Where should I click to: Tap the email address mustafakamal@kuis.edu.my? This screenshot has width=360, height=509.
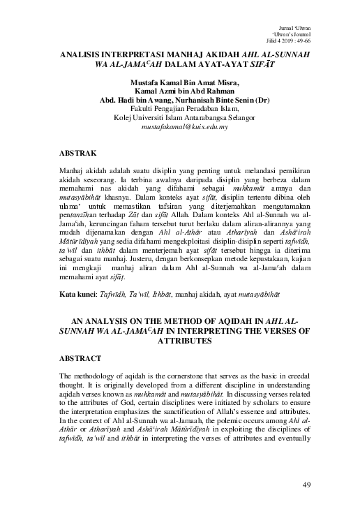(179, 128)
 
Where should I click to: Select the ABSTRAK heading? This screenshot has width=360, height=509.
(77, 152)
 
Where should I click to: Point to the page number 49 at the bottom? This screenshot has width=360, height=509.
(307, 483)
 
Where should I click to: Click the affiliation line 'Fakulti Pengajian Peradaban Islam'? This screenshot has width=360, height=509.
(180, 109)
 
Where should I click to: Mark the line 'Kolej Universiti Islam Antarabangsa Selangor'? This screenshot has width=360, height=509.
(180, 118)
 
